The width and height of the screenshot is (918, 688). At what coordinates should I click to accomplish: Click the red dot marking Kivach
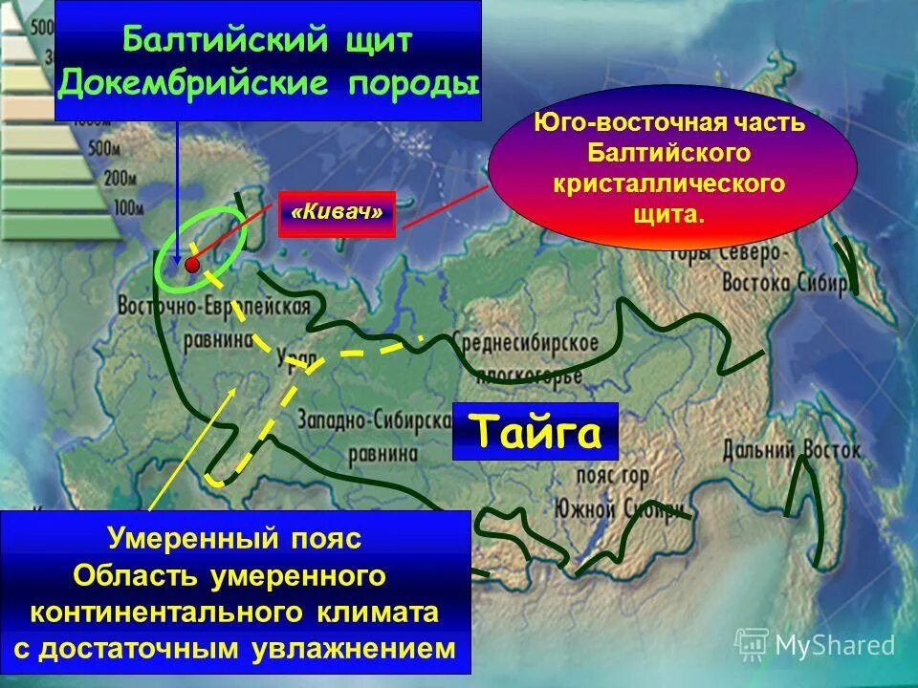click(x=192, y=264)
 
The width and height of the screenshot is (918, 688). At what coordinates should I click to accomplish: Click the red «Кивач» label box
click(x=336, y=212)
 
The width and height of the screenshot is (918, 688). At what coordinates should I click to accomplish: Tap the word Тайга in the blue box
click(x=535, y=432)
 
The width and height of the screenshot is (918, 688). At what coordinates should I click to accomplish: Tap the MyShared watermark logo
click(x=816, y=645)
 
